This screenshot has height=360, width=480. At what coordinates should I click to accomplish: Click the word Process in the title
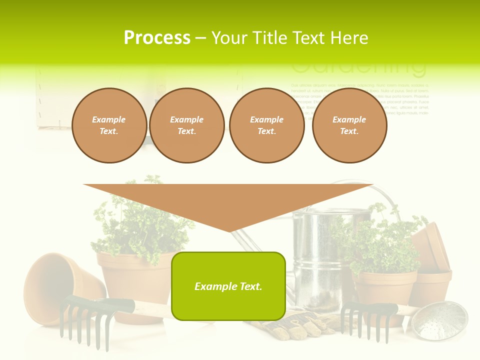click(157, 38)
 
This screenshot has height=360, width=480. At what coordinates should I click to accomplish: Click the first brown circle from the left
click(109, 125)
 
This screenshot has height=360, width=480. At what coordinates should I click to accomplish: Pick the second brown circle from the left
click(186, 125)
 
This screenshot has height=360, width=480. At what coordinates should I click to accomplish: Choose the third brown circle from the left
click(266, 125)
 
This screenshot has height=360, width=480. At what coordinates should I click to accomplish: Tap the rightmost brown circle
click(349, 125)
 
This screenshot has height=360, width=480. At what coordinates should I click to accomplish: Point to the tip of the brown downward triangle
click(229, 230)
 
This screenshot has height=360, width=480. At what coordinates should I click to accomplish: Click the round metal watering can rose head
click(439, 320)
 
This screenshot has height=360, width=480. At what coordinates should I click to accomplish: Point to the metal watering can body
click(315, 260)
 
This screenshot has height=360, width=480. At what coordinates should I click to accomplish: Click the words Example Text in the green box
click(228, 286)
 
